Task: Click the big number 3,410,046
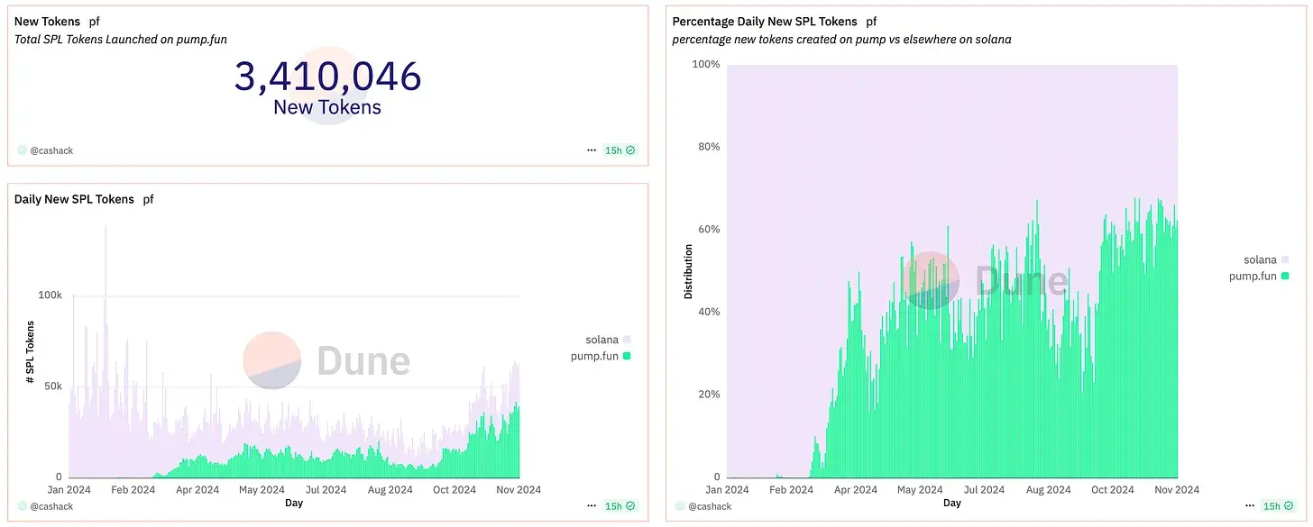pos(327,77)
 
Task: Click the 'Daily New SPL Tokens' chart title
pos(74,199)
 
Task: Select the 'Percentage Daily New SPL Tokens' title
pos(765,21)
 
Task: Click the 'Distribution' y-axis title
pos(688,271)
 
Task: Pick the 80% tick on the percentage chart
pos(708,147)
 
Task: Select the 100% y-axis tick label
pos(705,65)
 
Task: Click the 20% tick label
pos(708,395)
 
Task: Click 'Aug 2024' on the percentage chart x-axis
pos(1048,490)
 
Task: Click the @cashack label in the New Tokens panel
pos(51,150)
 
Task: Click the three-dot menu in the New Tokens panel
pos(592,150)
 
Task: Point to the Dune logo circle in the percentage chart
pos(931,280)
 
